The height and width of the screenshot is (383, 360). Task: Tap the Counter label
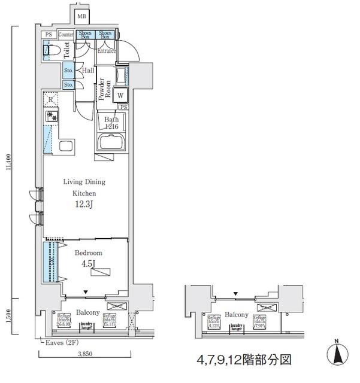tap(66, 35)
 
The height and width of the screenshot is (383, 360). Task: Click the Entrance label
tap(106, 51)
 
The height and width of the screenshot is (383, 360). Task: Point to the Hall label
tap(88, 70)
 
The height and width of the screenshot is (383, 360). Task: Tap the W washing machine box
tap(121, 95)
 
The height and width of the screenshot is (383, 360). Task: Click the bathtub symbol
tap(112, 144)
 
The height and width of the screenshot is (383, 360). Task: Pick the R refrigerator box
tap(51, 100)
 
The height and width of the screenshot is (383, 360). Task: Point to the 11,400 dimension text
tap(8, 164)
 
